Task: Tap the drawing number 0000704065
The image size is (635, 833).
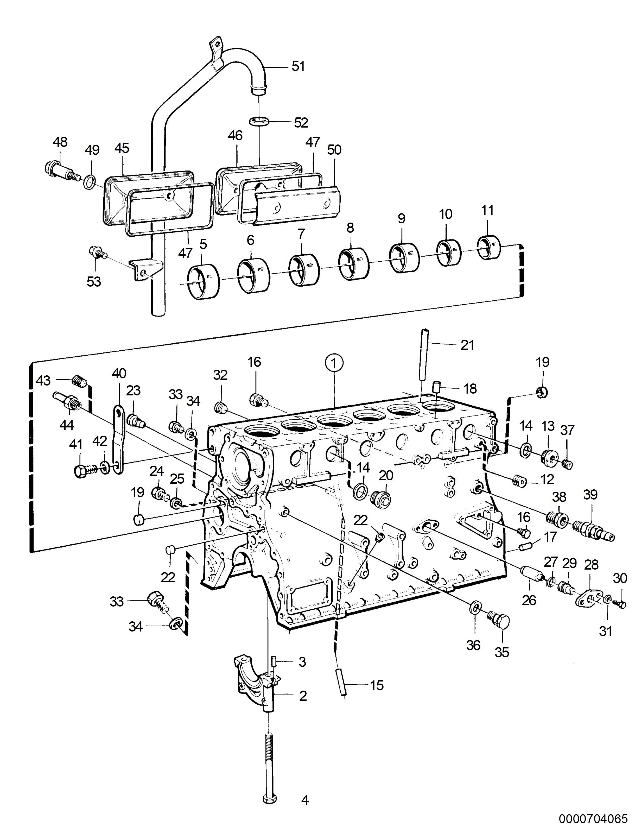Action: tap(593, 819)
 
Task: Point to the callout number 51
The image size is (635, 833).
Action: tap(298, 67)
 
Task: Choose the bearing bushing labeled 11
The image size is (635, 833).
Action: tap(489, 248)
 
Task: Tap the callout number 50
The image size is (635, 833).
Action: tap(334, 150)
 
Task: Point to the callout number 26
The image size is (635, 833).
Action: tap(529, 600)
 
